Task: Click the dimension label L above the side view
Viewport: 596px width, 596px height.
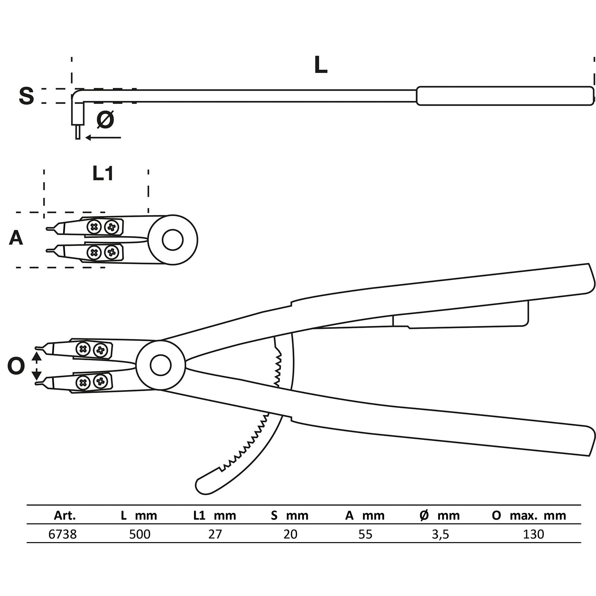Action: coord(321,66)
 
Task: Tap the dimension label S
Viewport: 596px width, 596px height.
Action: coord(26,96)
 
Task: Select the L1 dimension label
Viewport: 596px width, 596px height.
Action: coord(103,174)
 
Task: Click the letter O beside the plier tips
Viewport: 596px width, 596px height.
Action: coord(16,367)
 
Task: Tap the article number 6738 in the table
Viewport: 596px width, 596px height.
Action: coord(63,534)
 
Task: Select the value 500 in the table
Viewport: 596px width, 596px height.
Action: coord(140,534)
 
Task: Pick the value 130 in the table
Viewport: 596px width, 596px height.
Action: coord(533,534)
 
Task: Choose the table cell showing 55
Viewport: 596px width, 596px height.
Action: coord(365,534)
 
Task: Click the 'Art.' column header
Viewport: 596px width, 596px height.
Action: coord(65,516)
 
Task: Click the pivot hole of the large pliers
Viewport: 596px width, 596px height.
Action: coord(161,365)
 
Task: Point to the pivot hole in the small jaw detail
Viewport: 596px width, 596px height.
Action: coord(172,240)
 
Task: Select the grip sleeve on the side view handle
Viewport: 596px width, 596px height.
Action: coord(505,96)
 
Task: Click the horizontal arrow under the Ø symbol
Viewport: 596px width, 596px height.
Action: coord(103,138)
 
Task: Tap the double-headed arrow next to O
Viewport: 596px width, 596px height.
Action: coord(37,366)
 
